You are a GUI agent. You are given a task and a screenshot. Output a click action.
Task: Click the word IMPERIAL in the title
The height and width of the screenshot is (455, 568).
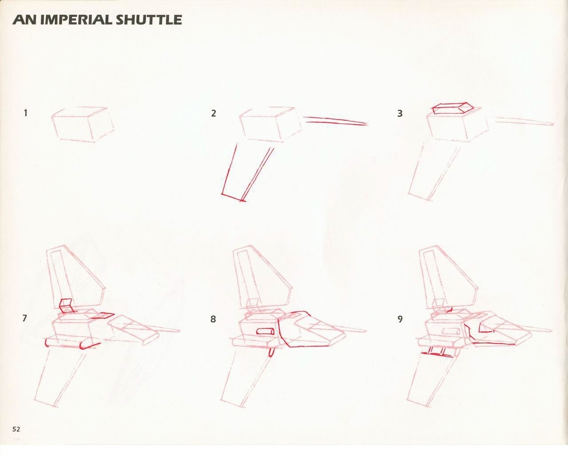(78, 20)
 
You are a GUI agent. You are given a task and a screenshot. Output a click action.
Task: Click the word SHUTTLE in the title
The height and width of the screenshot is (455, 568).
(149, 20)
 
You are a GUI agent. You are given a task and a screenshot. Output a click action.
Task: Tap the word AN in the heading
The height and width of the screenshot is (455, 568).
(25, 20)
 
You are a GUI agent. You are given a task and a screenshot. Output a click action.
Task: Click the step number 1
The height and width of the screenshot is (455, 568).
(26, 113)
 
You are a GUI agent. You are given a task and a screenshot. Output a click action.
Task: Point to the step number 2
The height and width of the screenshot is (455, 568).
(213, 113)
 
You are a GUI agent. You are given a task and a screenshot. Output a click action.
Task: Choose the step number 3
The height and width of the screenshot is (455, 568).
(400, 113)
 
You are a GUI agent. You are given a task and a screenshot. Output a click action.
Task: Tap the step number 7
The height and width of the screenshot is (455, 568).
(25, 318)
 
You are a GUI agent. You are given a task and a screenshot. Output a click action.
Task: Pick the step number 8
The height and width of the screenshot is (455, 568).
(213, 319)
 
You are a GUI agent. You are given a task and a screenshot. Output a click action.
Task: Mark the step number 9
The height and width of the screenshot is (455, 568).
(400, 319)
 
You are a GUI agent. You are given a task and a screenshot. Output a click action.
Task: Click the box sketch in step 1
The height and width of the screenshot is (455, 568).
(83, 125)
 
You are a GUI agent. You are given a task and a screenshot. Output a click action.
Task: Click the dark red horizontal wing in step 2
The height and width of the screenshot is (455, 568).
(335, 121)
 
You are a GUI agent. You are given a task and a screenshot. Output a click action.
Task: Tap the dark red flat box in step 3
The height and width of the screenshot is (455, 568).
(452, 109)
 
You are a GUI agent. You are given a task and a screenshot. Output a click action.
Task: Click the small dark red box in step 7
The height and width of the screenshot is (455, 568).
(66, 306)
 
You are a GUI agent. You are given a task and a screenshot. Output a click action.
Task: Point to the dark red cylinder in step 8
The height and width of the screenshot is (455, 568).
(266, 332)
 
